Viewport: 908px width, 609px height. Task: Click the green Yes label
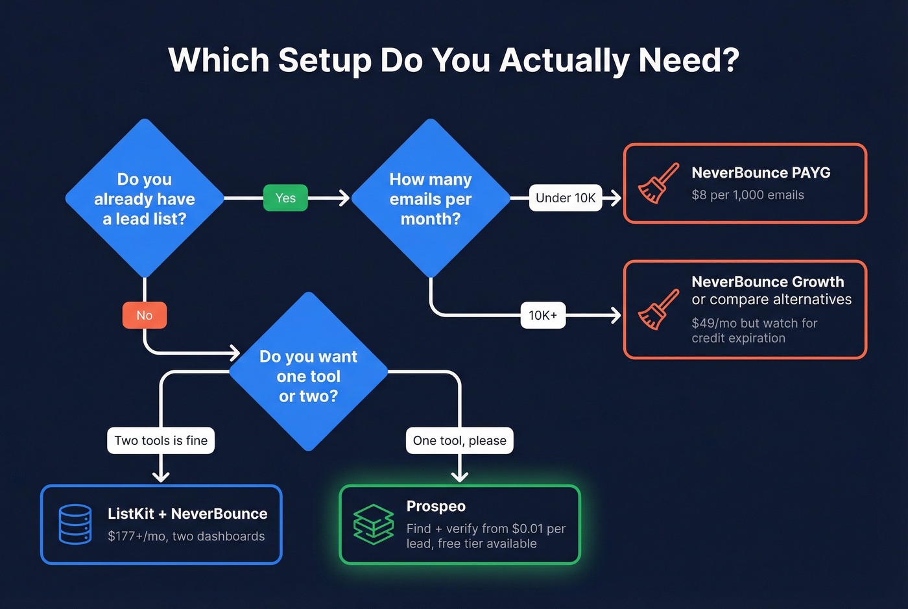point(285,198)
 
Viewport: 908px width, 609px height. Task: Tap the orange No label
point(145,315)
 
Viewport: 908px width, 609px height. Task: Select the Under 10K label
point(566,198)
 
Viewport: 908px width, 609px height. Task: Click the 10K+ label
point(543,315)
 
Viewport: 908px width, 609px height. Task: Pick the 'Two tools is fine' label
point(161,440)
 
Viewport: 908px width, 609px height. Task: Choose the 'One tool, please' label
point(459,440)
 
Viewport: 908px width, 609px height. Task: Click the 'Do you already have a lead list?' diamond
point(145,198)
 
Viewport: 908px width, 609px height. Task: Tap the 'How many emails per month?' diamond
point(431,198)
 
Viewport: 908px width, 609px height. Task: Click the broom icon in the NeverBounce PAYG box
point(658,184)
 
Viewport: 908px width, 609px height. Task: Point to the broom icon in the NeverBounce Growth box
point(658,309)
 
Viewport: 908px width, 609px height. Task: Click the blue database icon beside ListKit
point(75,524)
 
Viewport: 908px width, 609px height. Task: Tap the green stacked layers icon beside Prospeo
point(374,524)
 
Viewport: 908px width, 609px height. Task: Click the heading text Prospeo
point(436,506)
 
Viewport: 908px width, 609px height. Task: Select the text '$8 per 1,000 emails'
point(747,195)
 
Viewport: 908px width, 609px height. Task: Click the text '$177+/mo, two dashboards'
point(186,536)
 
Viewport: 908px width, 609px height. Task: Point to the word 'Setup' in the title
point(324,60)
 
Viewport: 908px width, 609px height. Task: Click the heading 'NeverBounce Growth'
point(767,281)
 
